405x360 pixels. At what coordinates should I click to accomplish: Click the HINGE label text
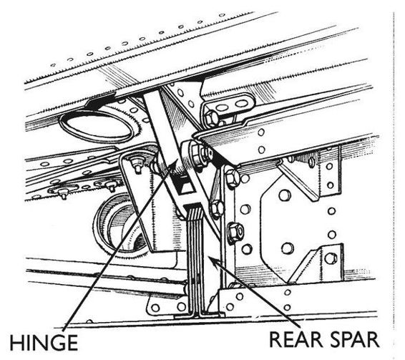[x=44, y=342]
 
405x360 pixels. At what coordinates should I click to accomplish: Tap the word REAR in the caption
[x=294, y=339]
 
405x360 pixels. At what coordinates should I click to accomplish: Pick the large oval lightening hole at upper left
[x=96, y=127]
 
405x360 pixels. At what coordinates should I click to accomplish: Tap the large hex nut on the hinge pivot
[x=197, y=153]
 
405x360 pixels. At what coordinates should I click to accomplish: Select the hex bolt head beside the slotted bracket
[x=212, y=118]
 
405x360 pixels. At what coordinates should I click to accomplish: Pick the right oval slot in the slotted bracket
[x=242, y=104]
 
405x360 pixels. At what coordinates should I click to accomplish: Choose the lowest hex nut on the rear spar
[x=235, y=232]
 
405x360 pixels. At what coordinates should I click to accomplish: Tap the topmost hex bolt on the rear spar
[x=232, y=177]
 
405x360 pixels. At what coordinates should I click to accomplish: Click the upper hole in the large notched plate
[x=285, y=195]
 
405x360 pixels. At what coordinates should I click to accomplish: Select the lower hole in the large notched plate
[x=287, y=248]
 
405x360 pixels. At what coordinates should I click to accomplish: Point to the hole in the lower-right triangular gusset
[x=331, y=258]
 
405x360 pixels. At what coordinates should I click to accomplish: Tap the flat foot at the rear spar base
[x=199, y=316]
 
